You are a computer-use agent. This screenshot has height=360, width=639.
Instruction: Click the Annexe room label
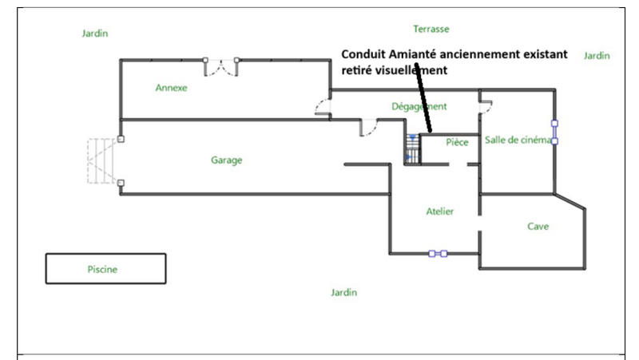[x=171, y=88]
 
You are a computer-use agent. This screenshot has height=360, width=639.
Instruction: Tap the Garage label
[x=226, y=160]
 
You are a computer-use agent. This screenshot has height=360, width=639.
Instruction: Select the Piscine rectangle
[x=105, y=269]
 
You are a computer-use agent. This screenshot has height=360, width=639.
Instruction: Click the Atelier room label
[x=440, y=212]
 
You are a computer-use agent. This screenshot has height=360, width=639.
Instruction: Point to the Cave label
[x=538, y=226]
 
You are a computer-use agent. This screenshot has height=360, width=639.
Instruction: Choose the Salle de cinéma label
[x=518, y=140]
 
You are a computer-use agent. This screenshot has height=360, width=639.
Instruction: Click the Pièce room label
[x=457, y=141]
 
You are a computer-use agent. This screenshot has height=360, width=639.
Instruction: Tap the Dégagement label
[x=419, y=106]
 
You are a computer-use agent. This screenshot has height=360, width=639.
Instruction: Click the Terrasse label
[x=431, y=29]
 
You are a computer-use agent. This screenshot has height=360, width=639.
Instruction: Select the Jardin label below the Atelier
[x=343, y=293]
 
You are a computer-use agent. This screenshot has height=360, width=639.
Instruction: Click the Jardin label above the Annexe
[x=94, y=34]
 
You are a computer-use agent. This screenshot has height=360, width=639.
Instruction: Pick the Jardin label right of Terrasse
[x=596, y=56]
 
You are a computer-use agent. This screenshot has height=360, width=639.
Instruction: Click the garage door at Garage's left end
[x=102, y=160]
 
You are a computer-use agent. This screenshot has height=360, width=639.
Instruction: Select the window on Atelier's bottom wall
[x=438, y=254]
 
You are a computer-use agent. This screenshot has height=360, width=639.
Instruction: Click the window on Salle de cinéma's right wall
[x=554, y=132]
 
